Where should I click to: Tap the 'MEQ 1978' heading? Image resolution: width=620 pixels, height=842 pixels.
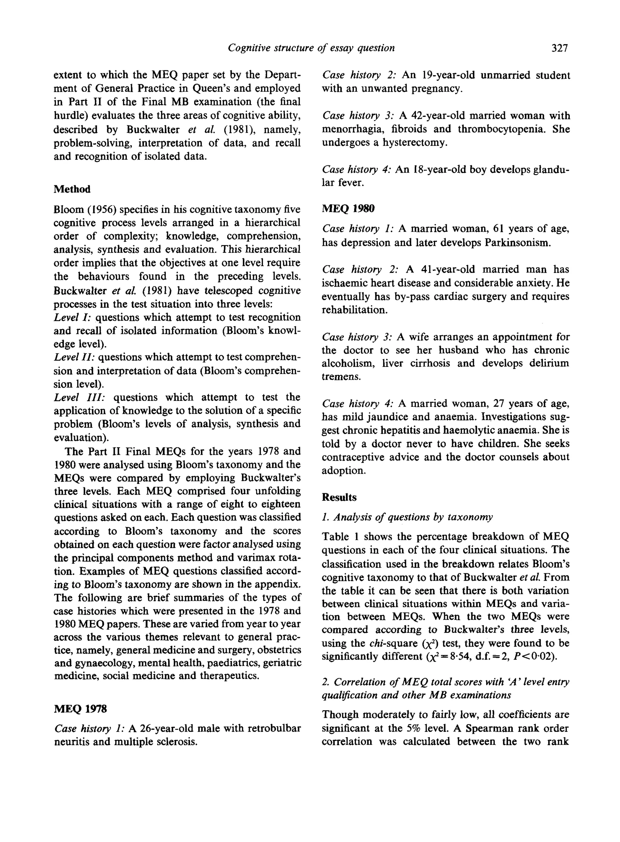(x=80, y=709)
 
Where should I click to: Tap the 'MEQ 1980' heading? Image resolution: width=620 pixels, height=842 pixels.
(x=348, y=208)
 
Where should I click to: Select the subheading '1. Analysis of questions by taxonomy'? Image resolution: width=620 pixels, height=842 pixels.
(x=407, y=517)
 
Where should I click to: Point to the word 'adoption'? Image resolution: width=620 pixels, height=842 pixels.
(x=343, y=471)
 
